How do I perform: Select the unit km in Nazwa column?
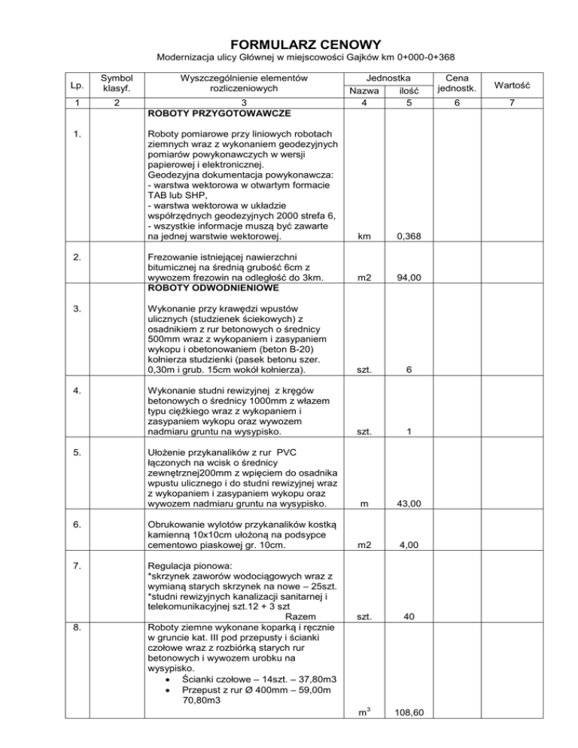(x=364, y=237)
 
